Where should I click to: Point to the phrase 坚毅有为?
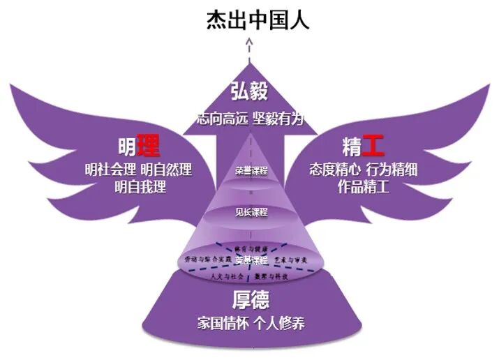(x=279, y=119)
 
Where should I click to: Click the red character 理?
(x=148, y=146)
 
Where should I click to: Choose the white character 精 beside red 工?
(x=352, y=147)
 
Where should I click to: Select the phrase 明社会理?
(x=110, y=170)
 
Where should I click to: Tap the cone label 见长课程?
(x=251, y=211)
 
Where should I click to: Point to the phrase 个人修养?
(x=280, y=324)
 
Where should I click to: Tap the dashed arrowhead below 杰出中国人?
(x=249, y=43)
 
